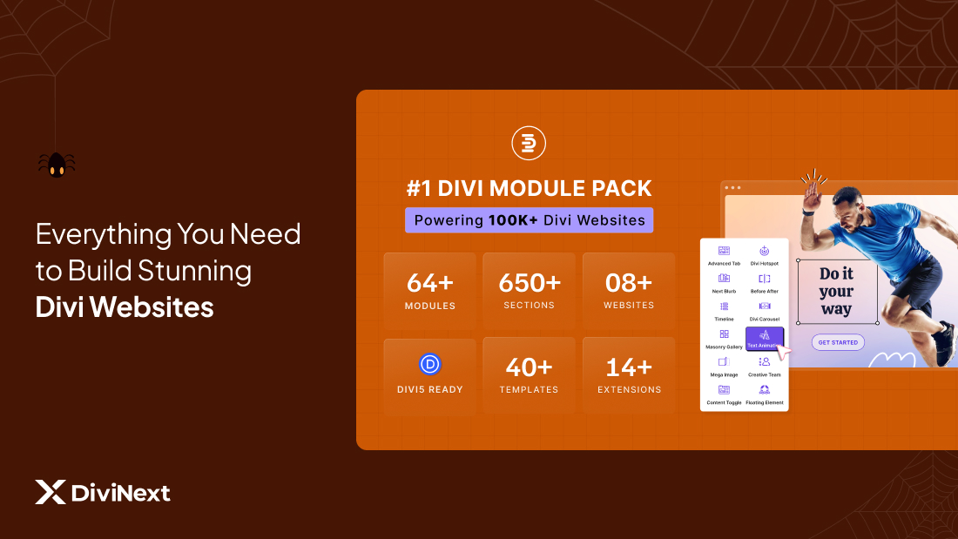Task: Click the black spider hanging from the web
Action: click(x=57, y=164)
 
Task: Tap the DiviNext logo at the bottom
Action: click(x=103, y=493)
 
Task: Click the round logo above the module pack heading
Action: click(x=529, y=144)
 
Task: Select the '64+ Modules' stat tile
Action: click(x=429, y=291)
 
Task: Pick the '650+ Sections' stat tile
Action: click(x=529, y=291)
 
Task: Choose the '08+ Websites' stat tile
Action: click(x=629, y=291)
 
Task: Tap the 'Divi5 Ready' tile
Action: click(x=429, y=374)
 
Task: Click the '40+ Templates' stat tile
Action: click(x=529, y=374)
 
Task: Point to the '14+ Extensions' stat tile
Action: click(x=629, y=374)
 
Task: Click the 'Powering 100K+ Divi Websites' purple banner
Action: click(x=529, y=220)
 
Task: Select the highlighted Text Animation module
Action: click(x=765, y=339)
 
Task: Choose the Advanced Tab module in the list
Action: click(x=724, y=256)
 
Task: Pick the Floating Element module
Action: click(x=765, y=394)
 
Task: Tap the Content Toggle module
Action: click(x=724, y=394)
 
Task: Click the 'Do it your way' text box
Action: click(x=836, y=291)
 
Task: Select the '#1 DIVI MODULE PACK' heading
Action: click(x=529, y=188)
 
